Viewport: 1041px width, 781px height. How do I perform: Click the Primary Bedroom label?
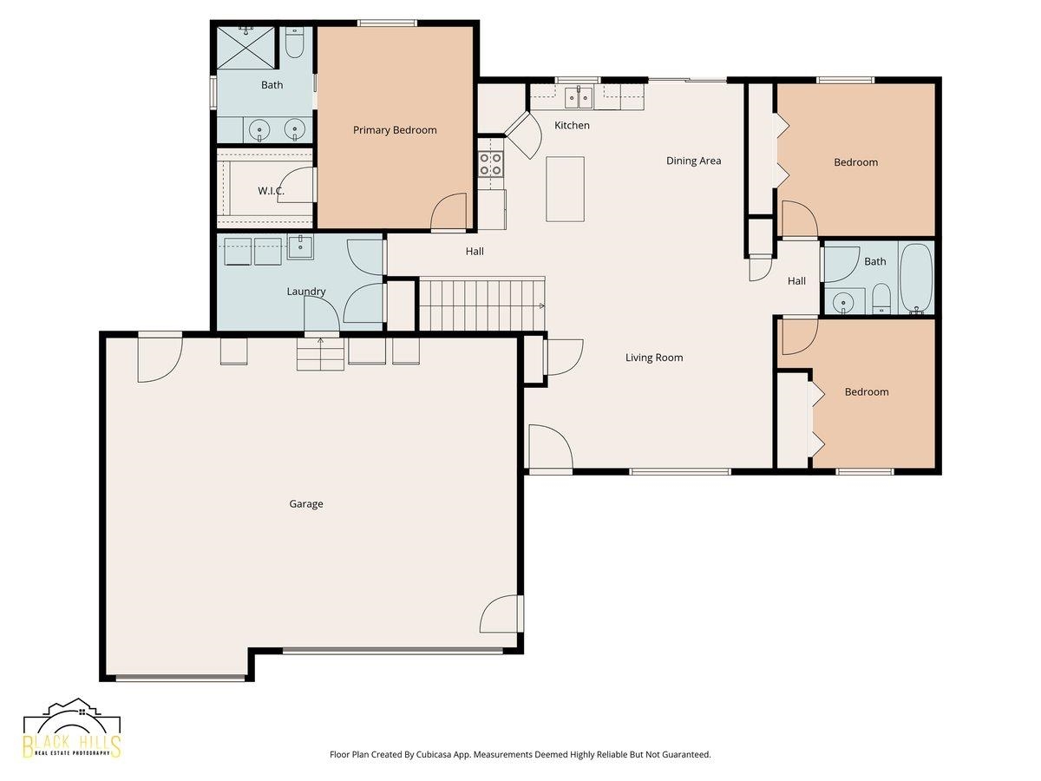coord(395,130)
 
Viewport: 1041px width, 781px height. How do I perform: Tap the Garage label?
coord(306,503)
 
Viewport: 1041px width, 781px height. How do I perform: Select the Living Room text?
coord(654,358)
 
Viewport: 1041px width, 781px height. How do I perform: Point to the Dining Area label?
coord(693,161)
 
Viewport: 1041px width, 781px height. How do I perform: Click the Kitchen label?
coord(572,125)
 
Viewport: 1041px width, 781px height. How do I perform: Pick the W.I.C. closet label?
coord(271,191)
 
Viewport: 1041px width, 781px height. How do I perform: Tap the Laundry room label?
coord(306,292)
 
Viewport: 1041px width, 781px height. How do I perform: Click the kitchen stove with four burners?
coord(490,164)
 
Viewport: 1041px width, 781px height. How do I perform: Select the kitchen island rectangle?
coord(565,188)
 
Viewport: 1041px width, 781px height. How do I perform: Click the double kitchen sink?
coord(579,98)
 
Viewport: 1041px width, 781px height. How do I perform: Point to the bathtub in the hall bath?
coord(916,278)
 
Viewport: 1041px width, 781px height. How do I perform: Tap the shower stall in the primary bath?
coord(246,49)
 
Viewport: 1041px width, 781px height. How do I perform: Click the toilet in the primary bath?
coord(294,43)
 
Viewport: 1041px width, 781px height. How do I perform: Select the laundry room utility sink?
coord(300,246)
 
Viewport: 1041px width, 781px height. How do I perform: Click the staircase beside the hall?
coord(482,305)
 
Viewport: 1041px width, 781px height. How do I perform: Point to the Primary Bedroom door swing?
coord(448,212)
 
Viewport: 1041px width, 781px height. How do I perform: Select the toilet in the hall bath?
coord(881,299)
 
